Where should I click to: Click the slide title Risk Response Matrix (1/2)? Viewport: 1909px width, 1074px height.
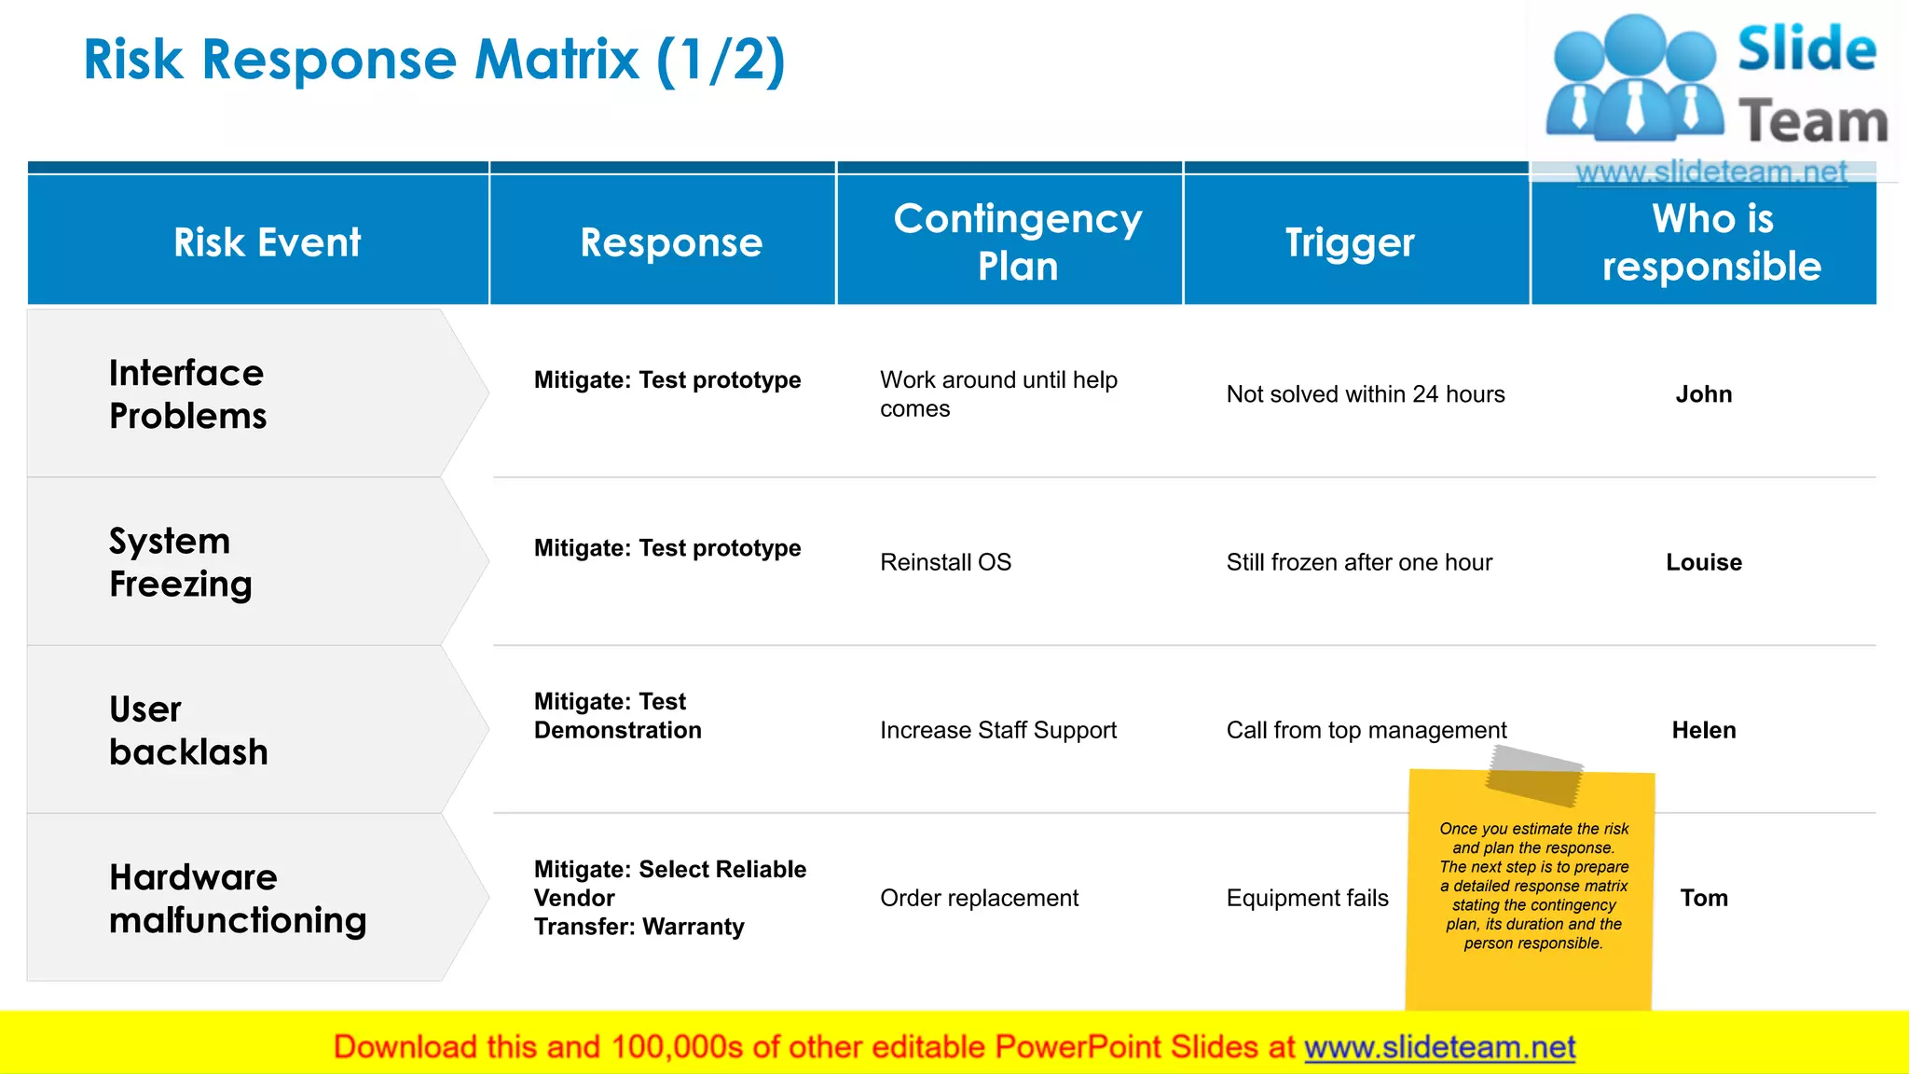pos(434,61)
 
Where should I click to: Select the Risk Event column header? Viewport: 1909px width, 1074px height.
pos(267,242)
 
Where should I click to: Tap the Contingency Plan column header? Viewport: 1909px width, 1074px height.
pos(1017,242)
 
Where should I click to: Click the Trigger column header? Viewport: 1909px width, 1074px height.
pos(1350,243)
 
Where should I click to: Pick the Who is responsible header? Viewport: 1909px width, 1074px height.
pos(1711,242)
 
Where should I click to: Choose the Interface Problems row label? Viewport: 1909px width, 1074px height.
pos(187,394)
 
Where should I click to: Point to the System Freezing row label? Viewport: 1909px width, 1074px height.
pos(180,562)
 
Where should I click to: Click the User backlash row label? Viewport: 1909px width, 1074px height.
pos(187,730)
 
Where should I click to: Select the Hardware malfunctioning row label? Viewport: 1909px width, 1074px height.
pos(238,898)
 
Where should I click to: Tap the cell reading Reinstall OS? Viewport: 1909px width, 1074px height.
pos(945,562)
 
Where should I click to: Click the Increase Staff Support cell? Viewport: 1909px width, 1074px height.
pos(997,730)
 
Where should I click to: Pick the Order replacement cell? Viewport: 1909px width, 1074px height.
pos(979,898)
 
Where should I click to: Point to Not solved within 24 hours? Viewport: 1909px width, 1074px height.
pos(1366,394)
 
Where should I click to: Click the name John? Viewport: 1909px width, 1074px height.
pos(1703,394)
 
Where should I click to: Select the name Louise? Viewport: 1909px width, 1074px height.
pos(1703,562)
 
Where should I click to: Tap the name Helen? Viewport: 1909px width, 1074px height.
pos(1703,730)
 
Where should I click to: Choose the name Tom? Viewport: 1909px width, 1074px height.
pos(1703,898)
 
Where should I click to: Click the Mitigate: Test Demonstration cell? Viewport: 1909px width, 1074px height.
pos(617,715)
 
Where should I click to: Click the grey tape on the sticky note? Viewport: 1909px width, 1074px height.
pos(1533,775)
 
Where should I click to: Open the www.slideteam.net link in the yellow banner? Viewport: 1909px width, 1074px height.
pos(1439,1047)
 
